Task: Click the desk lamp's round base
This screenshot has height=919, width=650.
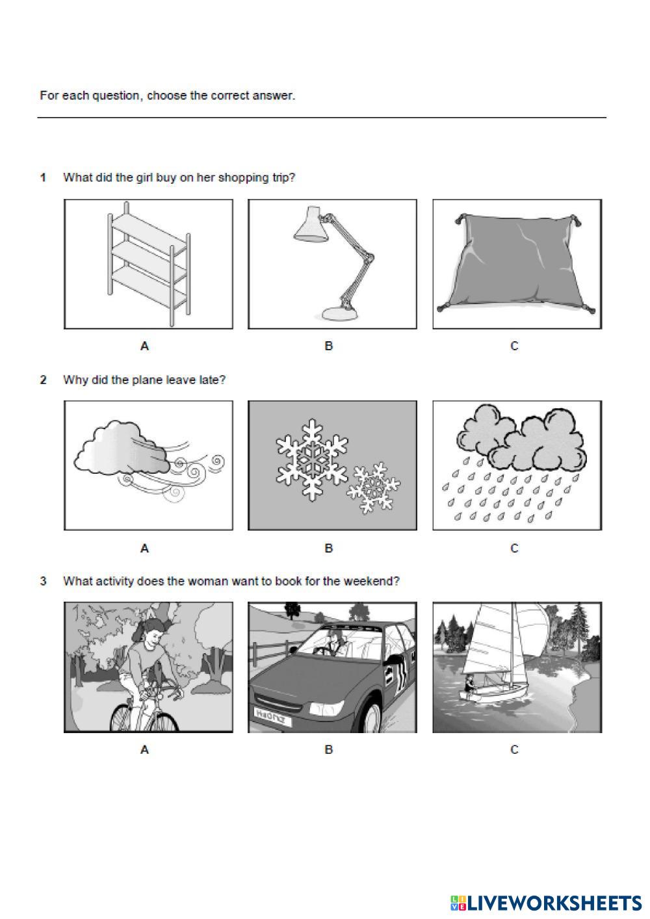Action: [x=340, y=315]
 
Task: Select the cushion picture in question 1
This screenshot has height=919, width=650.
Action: [x=517, y=265]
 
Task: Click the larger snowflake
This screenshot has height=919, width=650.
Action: [x=312, y=459]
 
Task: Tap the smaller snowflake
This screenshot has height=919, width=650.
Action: [x=373, y=488]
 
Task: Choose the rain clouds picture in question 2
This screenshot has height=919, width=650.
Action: [x=517, y=465]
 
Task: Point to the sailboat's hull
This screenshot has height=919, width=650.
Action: [x=493, y=694]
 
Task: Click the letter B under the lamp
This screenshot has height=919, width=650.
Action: [x=329, y=346]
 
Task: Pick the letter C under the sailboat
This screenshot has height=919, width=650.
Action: [x=514, y=749]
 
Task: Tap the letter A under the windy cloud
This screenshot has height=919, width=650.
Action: [x=144, y=548]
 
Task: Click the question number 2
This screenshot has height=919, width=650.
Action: [x=43, y=380]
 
